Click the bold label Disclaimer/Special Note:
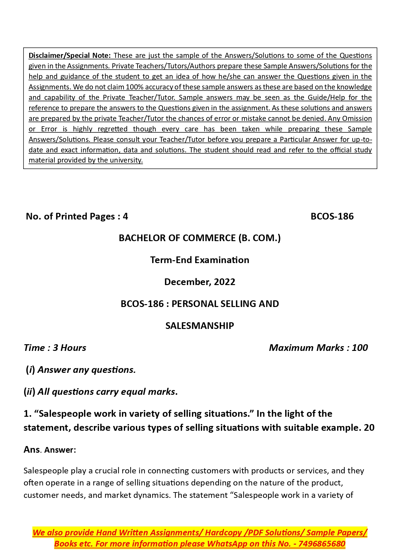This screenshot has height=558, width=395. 69,55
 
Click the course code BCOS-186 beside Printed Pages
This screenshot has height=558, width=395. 332,216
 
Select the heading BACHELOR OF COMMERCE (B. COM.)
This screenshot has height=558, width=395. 200,238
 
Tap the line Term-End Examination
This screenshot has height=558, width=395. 200,260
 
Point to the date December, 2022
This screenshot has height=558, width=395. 200,282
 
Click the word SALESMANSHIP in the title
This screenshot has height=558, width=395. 200,326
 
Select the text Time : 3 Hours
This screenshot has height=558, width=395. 55,348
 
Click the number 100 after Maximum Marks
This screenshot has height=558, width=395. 360,348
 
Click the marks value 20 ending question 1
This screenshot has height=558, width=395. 369,428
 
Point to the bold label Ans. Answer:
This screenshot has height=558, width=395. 50,450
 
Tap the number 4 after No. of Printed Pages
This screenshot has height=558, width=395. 125,216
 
